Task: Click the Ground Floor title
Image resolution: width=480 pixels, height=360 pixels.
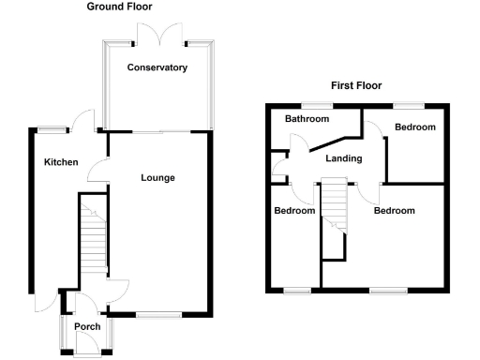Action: (x=121, y=7)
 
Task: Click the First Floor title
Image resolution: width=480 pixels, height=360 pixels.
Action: (x=359, y=85)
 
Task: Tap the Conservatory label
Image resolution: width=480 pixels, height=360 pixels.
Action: (x=157, y=67)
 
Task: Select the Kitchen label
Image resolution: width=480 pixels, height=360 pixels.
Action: (x=61, y=162)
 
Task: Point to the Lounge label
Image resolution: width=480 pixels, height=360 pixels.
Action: (x=157, y=177)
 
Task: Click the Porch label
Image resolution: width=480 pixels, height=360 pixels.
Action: (x=87, y=326)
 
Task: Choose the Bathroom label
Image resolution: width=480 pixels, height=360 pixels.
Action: (x=307, y=119)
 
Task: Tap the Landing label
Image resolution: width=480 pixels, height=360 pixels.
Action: (x=344, y=158)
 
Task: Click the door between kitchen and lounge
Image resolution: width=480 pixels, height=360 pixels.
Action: (x=97, y=171)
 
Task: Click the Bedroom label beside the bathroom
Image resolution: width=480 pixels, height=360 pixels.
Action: (x=415, y=127)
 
